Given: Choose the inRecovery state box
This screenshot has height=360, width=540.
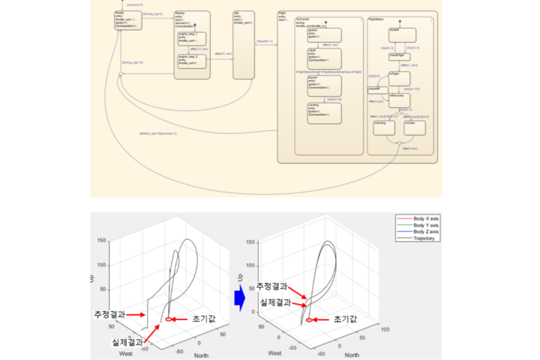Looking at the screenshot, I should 399,100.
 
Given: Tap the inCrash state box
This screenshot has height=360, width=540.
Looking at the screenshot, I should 414,128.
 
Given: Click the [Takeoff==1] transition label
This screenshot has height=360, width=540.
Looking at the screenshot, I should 264,42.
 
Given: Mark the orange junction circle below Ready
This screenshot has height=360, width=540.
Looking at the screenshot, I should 120,74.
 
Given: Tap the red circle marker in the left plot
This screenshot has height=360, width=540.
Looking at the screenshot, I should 168,319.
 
